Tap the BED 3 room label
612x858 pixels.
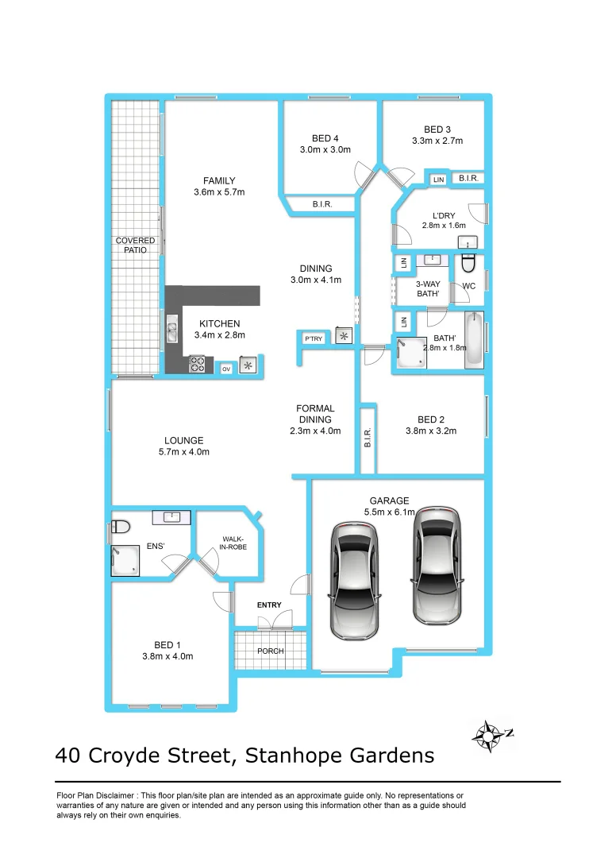pos(437,130)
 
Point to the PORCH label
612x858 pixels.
pos(270,651)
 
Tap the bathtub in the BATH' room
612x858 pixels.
pos(474,341)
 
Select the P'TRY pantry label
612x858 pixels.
pos(313,339)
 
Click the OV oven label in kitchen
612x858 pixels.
pos(226,369)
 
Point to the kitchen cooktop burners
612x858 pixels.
pos(198,365)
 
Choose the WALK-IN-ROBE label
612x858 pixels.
pos(233,546)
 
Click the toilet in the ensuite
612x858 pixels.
pos(121,526)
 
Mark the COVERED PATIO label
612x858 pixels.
pos(136,245)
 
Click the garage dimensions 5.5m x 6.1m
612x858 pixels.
pos(390,512)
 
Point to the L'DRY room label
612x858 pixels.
pos(444,215)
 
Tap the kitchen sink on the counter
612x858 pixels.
pos(171,329)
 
